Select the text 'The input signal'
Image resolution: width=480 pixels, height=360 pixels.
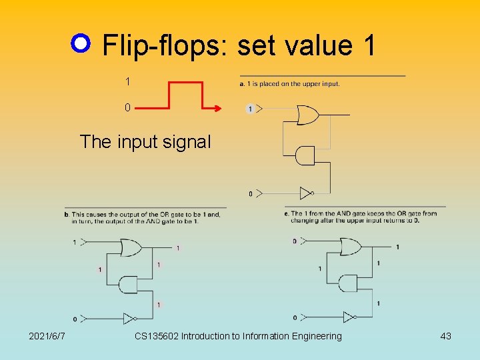(x=145, y=141)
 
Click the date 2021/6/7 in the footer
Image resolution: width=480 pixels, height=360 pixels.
(x=47, y=336)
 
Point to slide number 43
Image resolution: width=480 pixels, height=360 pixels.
(x=445, y=336)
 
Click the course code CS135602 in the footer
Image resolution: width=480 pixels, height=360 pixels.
(x=156, y=336)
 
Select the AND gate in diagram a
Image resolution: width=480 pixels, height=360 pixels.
(x=305, y=155)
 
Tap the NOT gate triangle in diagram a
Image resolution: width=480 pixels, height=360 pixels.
(x=306, y=193)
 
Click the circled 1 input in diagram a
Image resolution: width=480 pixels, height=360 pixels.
(x=250, y=109)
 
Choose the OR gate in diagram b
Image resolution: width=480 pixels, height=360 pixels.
(x=128, y=248)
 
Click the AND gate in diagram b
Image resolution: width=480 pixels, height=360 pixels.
(x=127, y=284)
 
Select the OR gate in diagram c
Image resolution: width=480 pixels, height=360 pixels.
(x=349, y=247)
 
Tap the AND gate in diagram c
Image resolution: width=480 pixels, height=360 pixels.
(x=347, y=283)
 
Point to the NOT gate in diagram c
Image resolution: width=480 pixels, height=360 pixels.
(x=349, y=317)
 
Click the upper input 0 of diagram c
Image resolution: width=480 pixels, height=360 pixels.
(x=294, y=241)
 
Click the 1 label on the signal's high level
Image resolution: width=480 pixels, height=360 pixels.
(x=127, y=81)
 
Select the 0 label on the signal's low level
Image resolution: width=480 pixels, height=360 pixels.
(x=127, y=107)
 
